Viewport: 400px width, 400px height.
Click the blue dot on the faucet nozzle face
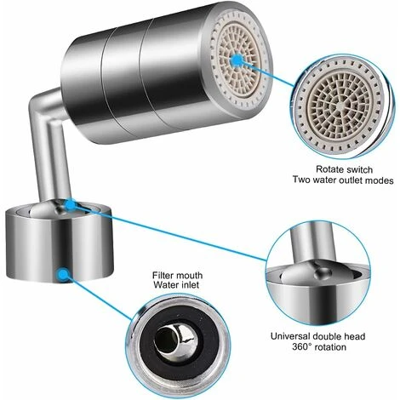coord(237,60)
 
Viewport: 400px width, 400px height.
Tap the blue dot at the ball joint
coord(70,204)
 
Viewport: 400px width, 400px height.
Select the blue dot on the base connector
coord(63,274)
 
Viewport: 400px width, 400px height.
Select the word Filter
coord(163,275)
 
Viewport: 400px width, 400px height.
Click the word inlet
coord(189,285)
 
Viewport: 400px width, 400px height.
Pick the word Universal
coord(290,336)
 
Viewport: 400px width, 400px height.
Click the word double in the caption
coord(326,336)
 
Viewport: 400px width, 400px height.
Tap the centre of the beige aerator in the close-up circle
coord(340,105)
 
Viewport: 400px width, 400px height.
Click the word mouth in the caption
coord(190,275)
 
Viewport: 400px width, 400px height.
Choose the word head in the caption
coord(353,336)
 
